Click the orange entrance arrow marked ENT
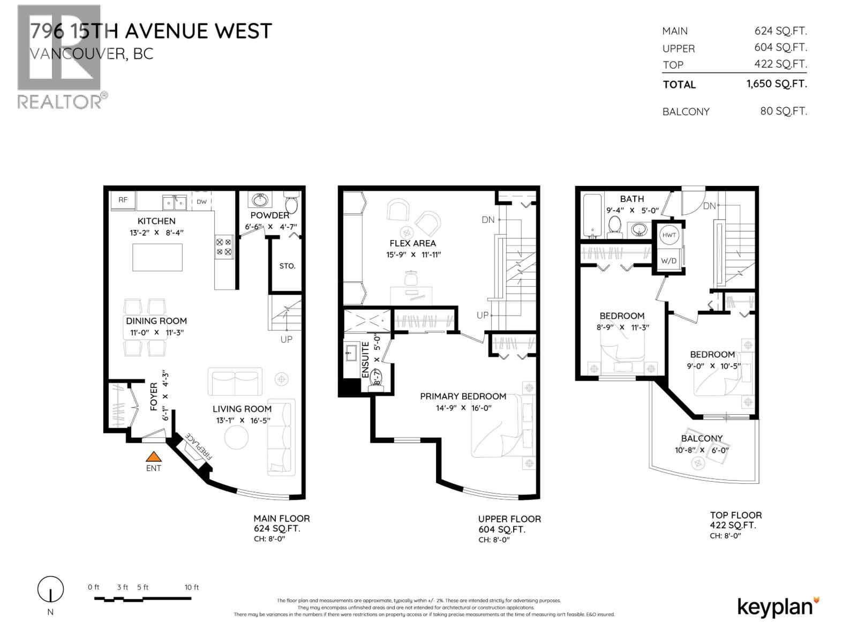tap(154, 457)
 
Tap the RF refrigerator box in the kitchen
tap(123, 200)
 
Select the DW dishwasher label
tap(201, 201)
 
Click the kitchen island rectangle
tap(157, 258)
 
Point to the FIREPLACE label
tap(198, 447)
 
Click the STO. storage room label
tap(287, 266)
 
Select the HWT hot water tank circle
tap(669, 235)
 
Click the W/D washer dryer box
tap(668, 261)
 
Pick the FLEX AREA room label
tap(412, 243)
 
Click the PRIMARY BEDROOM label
tap(463, 397)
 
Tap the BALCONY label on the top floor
tap(702, 438)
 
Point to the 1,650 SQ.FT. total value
tap(776, 84)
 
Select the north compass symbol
tap(50, 589)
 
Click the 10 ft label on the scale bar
tap(191, 587)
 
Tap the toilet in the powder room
tap(291, 204)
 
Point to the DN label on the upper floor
tap(488, 220)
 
